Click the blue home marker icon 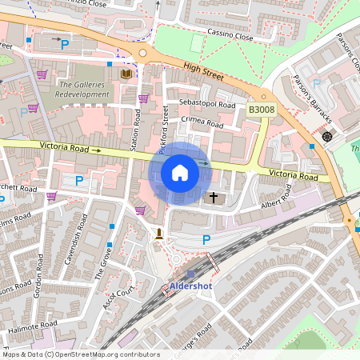180,173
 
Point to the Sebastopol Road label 207,105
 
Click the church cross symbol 214,196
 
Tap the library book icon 125,74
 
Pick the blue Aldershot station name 191,286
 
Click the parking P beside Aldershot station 206,239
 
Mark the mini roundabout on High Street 143,53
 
